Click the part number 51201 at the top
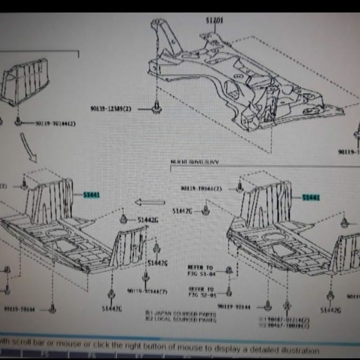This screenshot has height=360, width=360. [215, 20]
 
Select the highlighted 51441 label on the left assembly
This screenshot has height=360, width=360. [91, 195]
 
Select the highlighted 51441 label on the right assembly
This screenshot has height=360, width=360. [311, 198]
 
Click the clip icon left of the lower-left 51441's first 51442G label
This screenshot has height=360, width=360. [123, 219]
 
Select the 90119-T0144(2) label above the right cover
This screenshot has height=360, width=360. [202, 189]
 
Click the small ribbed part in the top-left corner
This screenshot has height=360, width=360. [25, 81]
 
